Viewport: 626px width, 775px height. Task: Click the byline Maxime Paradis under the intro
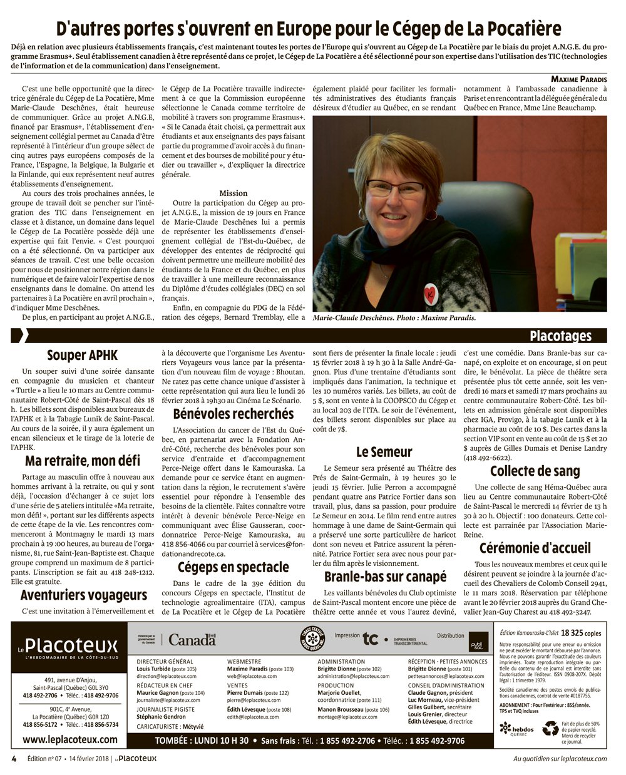coord(579,79)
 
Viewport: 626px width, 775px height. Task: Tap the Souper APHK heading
coord(82,355)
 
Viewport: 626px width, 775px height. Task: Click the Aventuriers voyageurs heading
coord(83,595)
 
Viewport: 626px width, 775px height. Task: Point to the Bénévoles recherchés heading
coord(233,413)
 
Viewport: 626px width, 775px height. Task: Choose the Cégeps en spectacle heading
coord(233,567)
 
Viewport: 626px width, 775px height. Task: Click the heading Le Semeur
coord(384,451)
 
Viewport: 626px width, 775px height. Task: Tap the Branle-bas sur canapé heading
coord(385,577)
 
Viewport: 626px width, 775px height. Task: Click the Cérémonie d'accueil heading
coord(535,548)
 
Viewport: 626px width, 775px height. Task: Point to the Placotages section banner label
coord(560,336)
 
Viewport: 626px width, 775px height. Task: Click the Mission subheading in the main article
coord(233,193)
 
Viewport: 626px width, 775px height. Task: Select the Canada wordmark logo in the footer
coord(192,639)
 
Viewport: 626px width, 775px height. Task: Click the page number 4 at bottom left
coord(14,758)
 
